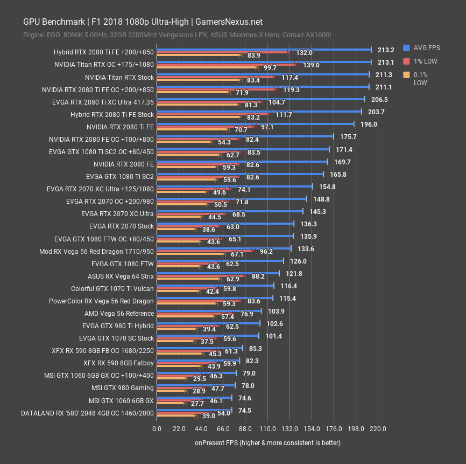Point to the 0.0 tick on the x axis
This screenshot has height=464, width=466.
point(157,429)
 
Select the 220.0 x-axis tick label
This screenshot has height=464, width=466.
point(378,429)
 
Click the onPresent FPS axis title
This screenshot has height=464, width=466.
point(267,442)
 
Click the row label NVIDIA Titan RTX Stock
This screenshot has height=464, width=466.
point(115,77)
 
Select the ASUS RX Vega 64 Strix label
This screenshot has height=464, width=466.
point(121,276)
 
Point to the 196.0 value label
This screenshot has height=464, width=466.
point(369,124)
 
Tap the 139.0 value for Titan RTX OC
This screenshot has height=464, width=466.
point(311,65)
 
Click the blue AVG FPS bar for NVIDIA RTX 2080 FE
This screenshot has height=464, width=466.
point(242,161)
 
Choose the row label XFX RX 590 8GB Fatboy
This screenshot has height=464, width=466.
point(118,363)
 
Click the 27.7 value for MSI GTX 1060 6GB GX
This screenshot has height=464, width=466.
point(197,403)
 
